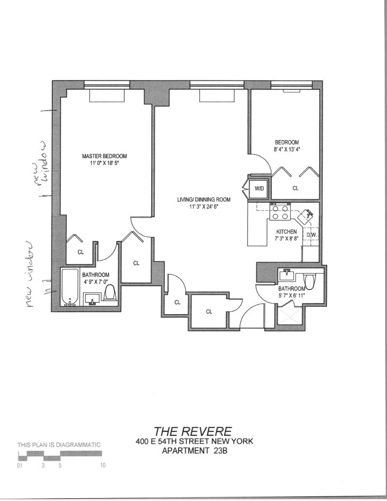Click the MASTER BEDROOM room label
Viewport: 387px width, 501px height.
(x=104, y=156)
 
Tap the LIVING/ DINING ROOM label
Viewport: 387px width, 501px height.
(x=203, y=199)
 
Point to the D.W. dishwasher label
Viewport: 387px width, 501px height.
(x=312, y=235)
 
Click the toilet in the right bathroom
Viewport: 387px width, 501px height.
(x=310, y=281)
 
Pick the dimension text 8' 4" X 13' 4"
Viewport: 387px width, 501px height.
(x=287, y=150)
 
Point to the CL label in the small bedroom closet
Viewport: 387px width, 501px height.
(x=295, y=189)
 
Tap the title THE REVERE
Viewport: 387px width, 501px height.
(x=193, y=431)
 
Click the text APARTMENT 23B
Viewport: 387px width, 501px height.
(x=193, y=452)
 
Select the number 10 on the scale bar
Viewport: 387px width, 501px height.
(x=103, y=466)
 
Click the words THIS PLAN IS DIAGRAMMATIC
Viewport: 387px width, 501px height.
(x=59, y=444)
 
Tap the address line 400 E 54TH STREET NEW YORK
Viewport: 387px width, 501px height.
(x=193, y=441)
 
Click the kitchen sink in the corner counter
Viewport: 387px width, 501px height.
(x=306, y=214)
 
